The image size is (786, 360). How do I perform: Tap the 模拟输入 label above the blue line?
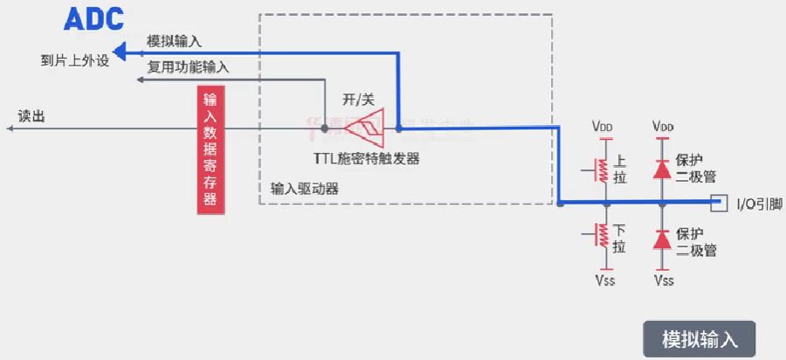point(175,41)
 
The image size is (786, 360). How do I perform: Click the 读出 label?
point(31,115)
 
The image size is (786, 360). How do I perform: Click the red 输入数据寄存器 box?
point(210,149)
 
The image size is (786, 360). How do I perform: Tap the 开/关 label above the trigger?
point(358,99)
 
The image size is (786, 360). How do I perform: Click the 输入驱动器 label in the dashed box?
point(304,188)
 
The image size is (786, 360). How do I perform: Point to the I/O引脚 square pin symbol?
point(719,203)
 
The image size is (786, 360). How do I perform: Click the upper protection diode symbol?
point(662,166)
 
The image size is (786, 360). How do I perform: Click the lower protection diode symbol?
point(662,238)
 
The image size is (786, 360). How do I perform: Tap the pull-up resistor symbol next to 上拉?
point(600,169)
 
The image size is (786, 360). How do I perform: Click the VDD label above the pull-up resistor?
point(602,127)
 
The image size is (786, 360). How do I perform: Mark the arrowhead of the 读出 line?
point(11,129)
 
